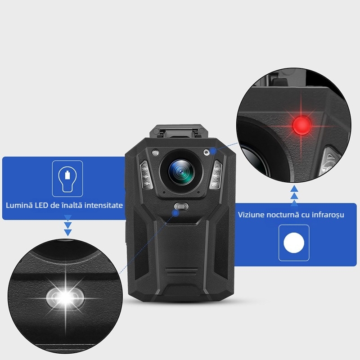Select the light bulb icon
tap(67, 178)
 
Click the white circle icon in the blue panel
tap(294, 243)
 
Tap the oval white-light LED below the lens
tap(181, 206)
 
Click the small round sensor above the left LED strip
tap(155, 152)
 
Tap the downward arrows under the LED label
tap(68, 225)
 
